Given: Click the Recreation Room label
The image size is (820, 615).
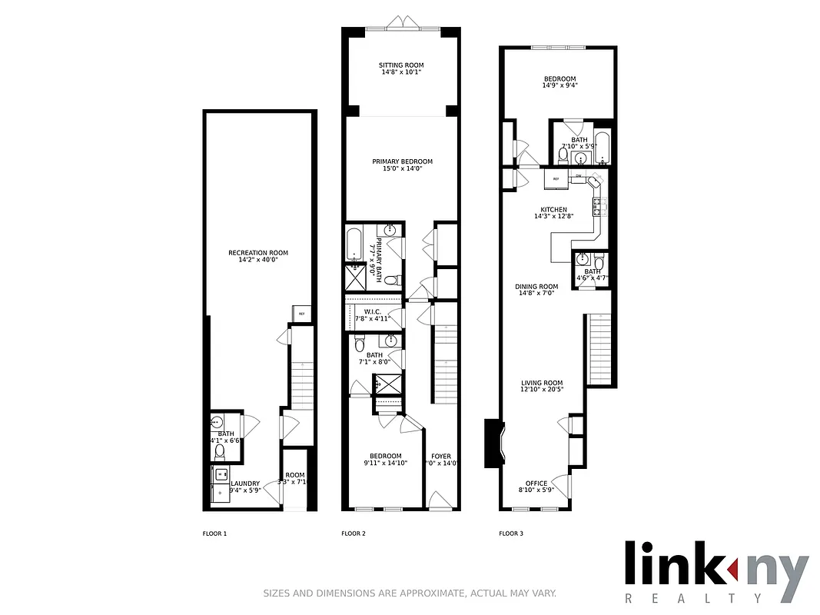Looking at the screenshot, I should [x=257, y=253].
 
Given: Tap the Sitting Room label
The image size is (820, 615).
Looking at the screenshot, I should [x=401, y=65].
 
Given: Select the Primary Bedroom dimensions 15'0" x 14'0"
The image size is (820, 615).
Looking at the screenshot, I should [x=402, y=169].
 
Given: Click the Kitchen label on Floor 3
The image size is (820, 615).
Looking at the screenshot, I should [x=553, y=209].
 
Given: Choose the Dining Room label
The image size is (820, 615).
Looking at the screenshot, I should [x=536, y=287].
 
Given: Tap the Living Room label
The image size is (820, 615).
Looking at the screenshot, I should [x=542, y=383].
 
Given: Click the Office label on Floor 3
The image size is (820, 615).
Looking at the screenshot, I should [x=536, y=484].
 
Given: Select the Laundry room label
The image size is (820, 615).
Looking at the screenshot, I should [x=245, y=484].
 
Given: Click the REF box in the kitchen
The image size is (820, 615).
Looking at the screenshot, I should [x=556, y=178].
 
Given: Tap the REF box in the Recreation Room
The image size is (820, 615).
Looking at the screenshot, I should [x=301, y=314].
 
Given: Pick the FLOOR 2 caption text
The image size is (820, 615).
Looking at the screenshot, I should [x=353, y=534].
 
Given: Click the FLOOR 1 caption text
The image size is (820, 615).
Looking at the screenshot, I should [x=214, y=534].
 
